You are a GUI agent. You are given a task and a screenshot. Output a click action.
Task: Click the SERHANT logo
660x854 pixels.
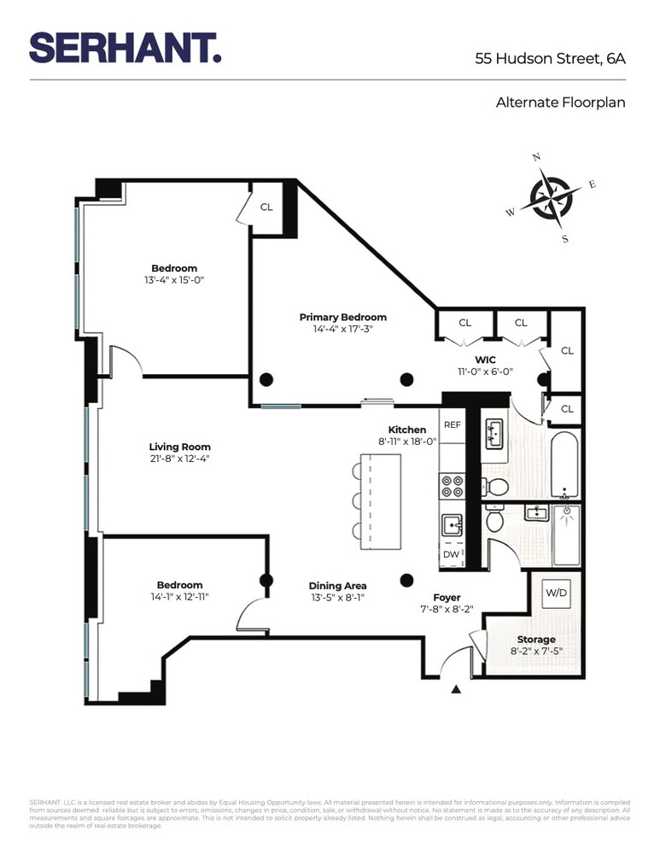(126, 48)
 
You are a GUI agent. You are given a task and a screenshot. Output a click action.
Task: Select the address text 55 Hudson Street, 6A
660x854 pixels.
(550, 59)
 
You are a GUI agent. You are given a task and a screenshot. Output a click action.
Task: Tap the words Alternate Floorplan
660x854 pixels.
(560, 102)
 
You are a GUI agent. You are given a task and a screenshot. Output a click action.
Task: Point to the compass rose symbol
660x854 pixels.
(551, 198)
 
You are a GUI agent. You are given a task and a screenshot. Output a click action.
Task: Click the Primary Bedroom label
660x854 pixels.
(342, 317)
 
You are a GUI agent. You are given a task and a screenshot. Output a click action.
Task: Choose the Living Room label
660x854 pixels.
(179, 447)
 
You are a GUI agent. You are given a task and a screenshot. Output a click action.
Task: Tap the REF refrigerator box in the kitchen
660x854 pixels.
(452, 424)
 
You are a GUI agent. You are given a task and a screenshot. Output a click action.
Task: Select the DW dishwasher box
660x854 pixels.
(451, 554)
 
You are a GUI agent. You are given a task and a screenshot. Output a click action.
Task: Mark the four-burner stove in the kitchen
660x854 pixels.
(451, 487)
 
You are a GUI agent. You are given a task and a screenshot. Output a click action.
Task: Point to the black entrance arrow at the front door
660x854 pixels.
(456, 688)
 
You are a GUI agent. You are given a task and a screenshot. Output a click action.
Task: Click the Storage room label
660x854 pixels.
(535, 639)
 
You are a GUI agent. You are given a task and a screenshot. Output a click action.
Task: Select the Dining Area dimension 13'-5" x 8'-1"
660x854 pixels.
(338, 598)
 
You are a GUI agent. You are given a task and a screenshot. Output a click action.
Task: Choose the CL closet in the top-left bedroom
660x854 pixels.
(266, 207)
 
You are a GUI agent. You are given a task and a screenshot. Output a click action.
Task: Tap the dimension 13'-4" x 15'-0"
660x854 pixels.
(174, 280)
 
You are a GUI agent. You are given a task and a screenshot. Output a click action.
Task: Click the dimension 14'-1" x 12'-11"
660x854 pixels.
(179, 597)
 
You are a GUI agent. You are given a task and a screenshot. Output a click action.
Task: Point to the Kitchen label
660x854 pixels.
(407, 430)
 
